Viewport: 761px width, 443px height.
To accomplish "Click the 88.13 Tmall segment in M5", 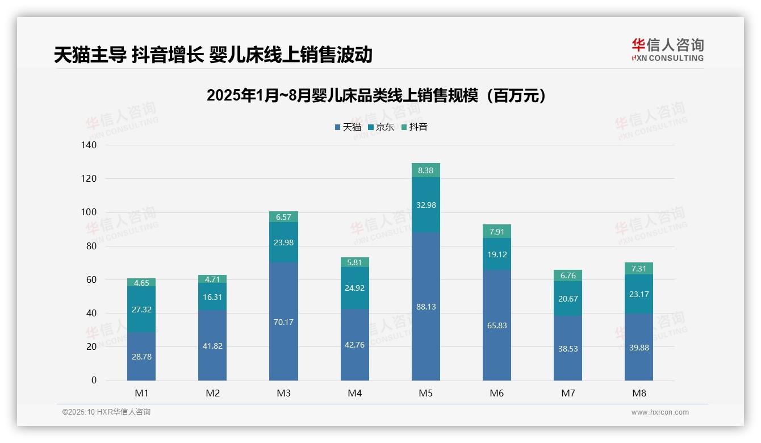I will pyautogui.click(x=426, y=306).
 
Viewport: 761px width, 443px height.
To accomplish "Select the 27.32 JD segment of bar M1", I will pyautogui.click(x=141, y=310).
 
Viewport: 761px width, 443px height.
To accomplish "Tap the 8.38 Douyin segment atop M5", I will pyautogui.click(x=426, y=170).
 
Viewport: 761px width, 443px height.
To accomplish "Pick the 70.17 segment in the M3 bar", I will pyautogui.click(x=283, y=321).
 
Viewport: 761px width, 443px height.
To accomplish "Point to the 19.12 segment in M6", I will pyautogui.click(x=497, y=254).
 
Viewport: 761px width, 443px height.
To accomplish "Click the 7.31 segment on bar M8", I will pyautogui.click(x=639, y=269).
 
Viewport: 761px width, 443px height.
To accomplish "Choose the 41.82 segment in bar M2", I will pyautogui.click(x=212, y=345).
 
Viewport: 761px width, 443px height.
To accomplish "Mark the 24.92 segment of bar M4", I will pyautogui.click(x=355, y=288).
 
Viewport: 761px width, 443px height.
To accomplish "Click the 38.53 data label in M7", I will pyautogui.click(x=568, y=348).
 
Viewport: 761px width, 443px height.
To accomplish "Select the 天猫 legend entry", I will pyautogui.click(x=348, y=127).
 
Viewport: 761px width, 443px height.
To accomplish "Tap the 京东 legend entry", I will pyautogui.click(x=381, y=127).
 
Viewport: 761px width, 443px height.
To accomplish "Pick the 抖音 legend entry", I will pyautogui.click(x=415, y=127).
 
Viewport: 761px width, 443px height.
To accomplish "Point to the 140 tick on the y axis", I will pyautogui.click(x=90, y=145).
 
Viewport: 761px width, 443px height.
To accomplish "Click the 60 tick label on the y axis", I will pyautogui.click(x=91, y=280).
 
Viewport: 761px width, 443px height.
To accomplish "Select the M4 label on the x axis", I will pyautogui.click(x=355, y=393).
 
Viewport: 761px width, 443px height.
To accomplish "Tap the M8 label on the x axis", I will pyautogui.click(x=639, y=393).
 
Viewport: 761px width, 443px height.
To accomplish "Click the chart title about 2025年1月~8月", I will pyautogui.click(x=376, y=95).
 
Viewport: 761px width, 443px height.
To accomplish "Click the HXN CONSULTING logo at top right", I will pyautogui.click(x=667, y=49).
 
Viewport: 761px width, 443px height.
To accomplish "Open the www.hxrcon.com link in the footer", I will pyautogui.click(x=660, y=412).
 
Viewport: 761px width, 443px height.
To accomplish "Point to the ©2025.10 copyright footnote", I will pyautogui.click(x=106, y=412).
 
